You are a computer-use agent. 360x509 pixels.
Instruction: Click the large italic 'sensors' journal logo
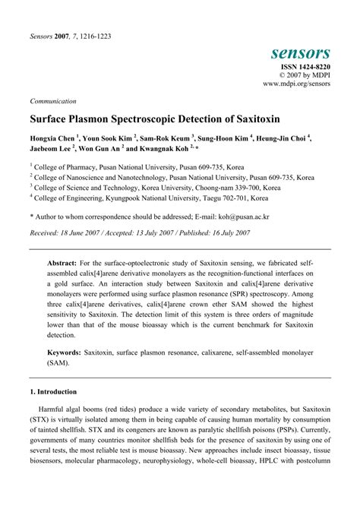(300, 52)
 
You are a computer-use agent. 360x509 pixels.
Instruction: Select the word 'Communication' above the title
(52, 100)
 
